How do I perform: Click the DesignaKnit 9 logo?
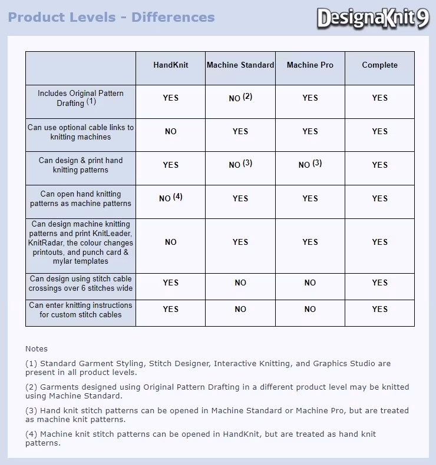[374, 18]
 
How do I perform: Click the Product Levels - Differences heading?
[111, 17]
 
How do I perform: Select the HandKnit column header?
[171, 65]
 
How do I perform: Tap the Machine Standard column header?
[240, 65]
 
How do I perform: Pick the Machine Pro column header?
[310, 65]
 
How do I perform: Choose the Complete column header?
[380, 65]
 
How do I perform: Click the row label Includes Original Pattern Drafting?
[81, 98]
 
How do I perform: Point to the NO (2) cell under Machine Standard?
[240, 98]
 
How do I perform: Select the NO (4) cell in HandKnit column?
[171, 198]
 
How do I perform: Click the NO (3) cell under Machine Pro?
[310, 165]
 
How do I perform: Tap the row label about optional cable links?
[81, 132]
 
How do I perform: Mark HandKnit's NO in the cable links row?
[171, 132]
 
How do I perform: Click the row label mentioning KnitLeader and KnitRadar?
[81, 243]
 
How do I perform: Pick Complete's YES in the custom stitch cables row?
[380, 309]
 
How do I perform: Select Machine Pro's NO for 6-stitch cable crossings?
[310, 283]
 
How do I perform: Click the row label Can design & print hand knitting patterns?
[81, 165]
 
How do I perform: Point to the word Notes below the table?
[37, 349]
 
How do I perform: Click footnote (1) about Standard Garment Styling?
[208, 368]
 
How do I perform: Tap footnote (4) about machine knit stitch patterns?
[200, 439]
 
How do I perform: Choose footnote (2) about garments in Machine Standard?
[217, 391]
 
